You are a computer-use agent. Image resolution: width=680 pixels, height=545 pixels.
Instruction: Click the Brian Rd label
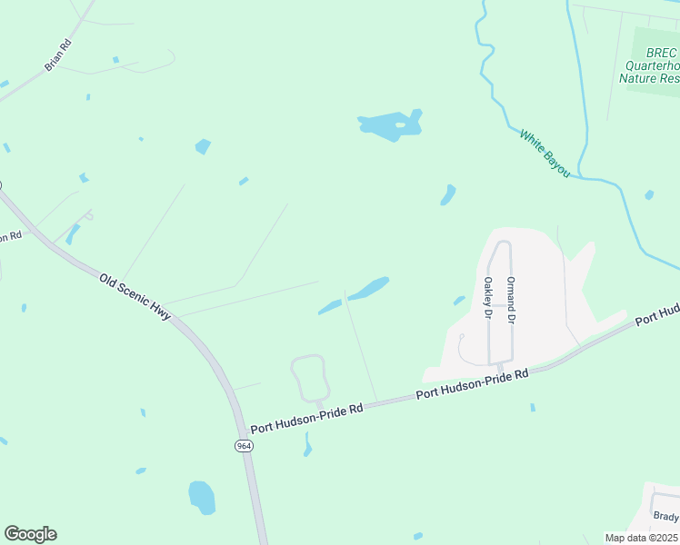coord(57,55)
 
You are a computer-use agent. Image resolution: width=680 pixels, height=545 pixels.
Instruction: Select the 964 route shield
coord(243,446)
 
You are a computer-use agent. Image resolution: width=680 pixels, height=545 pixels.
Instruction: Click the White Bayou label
coord(545,153)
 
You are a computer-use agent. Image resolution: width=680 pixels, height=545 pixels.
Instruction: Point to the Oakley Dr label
coord(488,298)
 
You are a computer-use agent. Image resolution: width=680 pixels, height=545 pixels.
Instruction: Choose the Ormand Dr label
coord(511,300)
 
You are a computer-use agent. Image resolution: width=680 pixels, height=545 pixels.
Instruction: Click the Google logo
coord(30,534)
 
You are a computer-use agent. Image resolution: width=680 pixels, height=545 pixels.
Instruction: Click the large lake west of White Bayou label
coord(392,126)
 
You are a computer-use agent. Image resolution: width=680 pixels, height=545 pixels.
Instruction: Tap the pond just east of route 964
coord(201,497)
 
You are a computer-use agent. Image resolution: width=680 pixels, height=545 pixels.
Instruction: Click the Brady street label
coord(665,517)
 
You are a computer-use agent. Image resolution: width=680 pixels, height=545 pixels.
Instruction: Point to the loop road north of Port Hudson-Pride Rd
coord(309,377)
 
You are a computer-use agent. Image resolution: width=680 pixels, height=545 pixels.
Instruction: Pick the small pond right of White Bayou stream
coord(649,194)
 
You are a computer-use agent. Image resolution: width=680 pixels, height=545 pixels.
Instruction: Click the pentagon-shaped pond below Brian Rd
coord(203,146)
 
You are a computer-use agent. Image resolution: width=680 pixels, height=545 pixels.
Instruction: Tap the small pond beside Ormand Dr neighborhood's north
coord(448,194)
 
